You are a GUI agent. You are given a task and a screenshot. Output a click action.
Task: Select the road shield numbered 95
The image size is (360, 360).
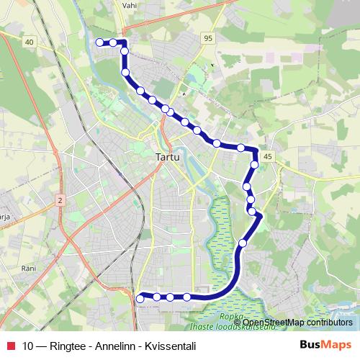coord(208,38)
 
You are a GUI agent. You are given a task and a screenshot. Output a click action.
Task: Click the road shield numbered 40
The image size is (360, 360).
coord(29,42)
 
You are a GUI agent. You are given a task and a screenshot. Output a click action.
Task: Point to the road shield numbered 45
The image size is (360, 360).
coord(268,156)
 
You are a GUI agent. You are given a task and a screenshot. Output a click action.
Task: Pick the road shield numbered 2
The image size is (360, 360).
coord(60,199)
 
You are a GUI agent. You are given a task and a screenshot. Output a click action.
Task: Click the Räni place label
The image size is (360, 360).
coord(29,268)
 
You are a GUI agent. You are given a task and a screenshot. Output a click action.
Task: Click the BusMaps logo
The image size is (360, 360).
coord(325,345)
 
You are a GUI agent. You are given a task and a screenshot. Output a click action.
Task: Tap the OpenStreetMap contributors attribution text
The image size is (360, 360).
coord(297,322)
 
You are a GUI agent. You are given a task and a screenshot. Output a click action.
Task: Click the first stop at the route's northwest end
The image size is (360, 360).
coord(99,42)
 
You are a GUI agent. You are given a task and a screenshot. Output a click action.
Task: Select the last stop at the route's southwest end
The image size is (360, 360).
coord(140,297)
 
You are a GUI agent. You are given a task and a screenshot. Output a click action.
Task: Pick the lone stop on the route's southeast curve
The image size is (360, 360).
coord(243,243)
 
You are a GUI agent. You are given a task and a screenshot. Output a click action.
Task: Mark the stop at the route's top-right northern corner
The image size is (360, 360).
coord(123,43)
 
